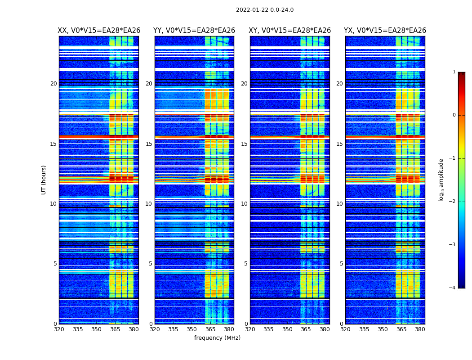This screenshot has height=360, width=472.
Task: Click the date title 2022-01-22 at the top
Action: pyautogui.click(x=264, y=10)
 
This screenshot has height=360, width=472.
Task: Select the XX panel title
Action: pyautogui.click(x=99, y=31)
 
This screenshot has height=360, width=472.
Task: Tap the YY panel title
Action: pyautogui.click(x=194, y=31)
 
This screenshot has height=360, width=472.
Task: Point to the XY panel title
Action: pyautogui.click(x=290, y=31)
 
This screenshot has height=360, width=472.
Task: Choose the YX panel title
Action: pyautogui.click(x=385, y=31)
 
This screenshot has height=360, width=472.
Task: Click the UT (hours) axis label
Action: pyautogui.click(x=44, y=180)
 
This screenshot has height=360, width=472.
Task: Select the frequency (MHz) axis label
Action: pyautogui.click(x=217, y=338)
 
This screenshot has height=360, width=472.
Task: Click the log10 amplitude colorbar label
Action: pyautogui.click(x=441, y=180)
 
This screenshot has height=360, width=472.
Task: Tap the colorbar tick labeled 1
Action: pyautogui.click(x=454, y=72)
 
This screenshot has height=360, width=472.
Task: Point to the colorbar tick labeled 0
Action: pyautogui.click(x=454, y=115)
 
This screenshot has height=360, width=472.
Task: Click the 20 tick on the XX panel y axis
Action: pyautogui.click(x=53, y=84)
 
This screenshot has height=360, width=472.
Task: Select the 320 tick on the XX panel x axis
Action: pyautogui.click(x=59, y=329)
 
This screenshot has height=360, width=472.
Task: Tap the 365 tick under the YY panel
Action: pyautogui.click(x=211, y=329)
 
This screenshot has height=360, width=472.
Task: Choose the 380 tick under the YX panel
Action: pyautogui.click(x=420, y=329)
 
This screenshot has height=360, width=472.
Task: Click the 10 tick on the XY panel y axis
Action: pyautogui.click(x=244, y=204)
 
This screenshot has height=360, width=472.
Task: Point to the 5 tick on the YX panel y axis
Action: pyautogui.click(x=341, y=264)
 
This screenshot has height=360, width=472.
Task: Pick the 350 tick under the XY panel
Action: pyautogui.click(x=287, y=329)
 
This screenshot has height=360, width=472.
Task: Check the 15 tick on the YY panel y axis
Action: pyautogui.click(x=149, y=144)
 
